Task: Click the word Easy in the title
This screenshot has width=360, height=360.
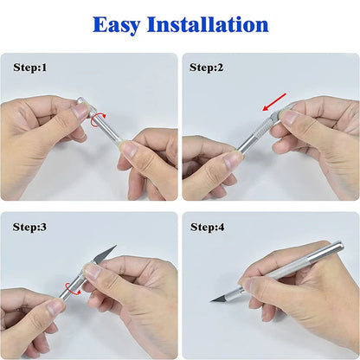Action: click(117, 25)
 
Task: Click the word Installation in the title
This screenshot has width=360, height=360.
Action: click(208, 24)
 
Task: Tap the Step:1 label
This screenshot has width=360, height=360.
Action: click(30, 67)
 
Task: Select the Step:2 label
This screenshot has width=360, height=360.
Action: click(206, 67)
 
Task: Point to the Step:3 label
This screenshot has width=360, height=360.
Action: click(29, 227)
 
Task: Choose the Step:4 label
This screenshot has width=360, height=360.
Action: click(207, 227)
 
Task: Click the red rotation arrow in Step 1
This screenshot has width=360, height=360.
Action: click(98, 119)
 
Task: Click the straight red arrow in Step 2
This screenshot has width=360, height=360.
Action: click(274, 102)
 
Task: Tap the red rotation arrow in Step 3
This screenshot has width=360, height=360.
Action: click(73, 289)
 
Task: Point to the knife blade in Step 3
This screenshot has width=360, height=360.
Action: click(105, 254)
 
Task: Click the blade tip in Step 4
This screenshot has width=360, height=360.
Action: click(210, 302)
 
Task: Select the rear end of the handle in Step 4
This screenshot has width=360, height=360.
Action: click(340, 245)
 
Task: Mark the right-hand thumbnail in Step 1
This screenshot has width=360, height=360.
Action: click(129, 148)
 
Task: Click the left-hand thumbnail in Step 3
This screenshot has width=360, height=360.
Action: click(55, 307)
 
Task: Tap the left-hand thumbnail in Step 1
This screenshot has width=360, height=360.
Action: click(80, 112)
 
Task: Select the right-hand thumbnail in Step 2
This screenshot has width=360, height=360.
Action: click(288, 118)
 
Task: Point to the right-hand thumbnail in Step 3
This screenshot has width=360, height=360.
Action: click(93, 271)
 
